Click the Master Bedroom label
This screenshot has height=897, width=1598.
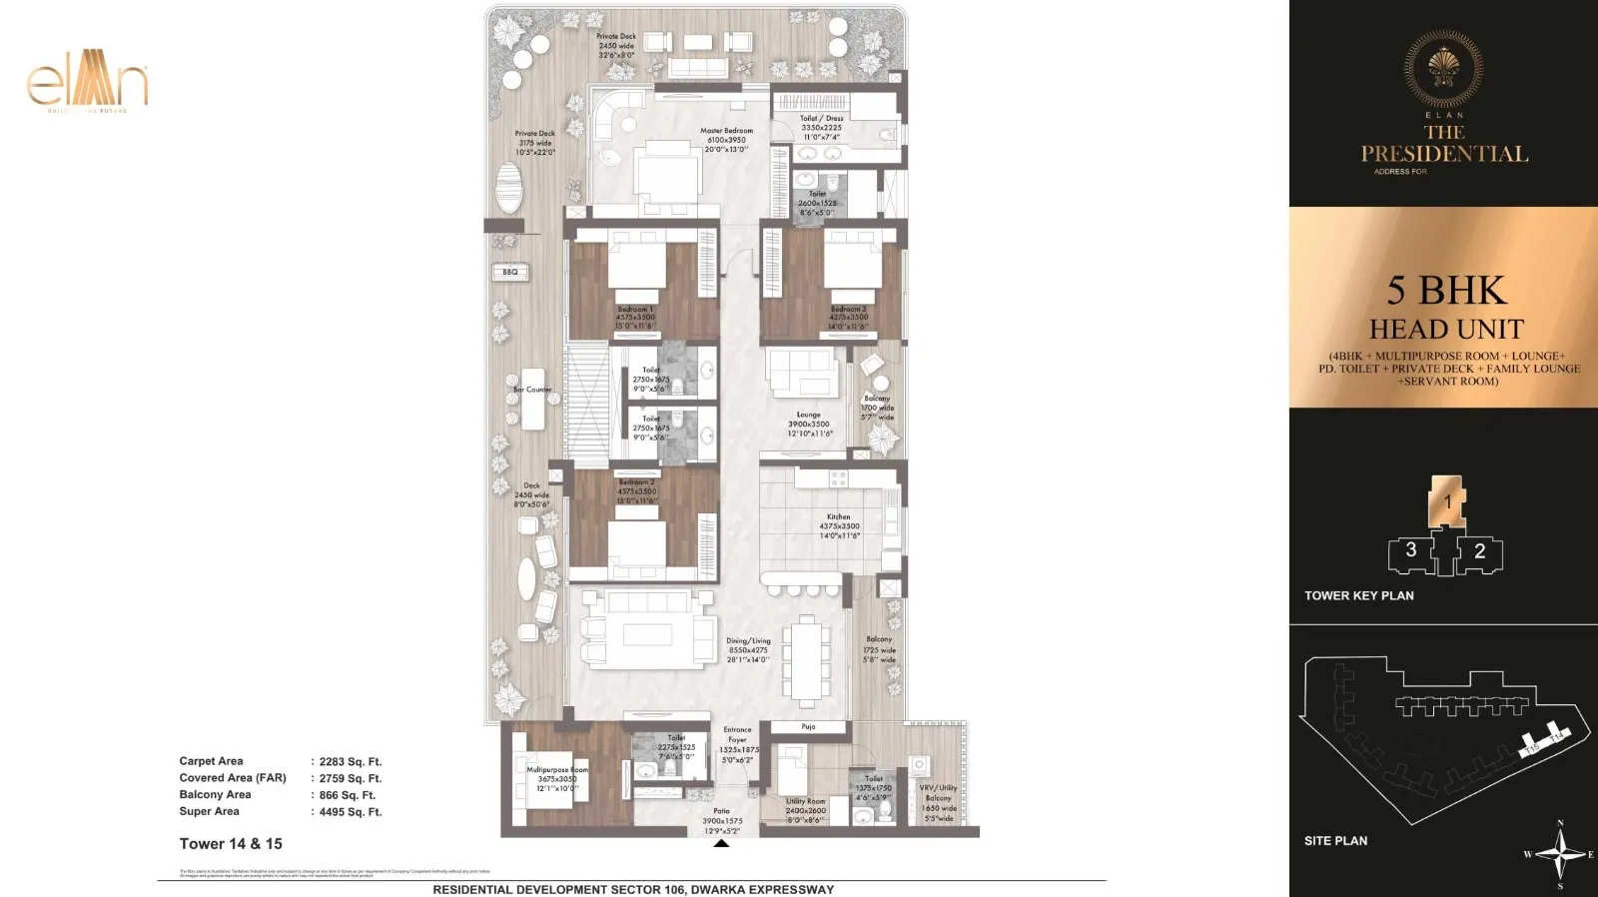(x=726, y=131)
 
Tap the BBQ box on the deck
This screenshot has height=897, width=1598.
(x=510, y=272)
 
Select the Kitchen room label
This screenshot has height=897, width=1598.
(x=839, y=517)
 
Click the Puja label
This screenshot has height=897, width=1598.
(x=808, y=727)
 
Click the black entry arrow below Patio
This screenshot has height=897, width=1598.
(x=721, y=844)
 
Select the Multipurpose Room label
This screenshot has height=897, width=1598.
(x=557, y=770)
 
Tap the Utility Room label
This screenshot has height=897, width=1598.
(x=805, y=801)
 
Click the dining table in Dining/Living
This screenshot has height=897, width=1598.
(x=807, y=659)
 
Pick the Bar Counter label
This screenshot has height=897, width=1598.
(x=532, y=390)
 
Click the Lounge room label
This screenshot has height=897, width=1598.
(x=808, y=415)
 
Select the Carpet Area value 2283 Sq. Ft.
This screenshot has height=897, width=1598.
(x=350, y=761)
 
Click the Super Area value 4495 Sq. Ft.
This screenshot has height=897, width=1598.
(x=350, y=812)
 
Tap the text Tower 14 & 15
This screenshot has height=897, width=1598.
(x=231, y=844)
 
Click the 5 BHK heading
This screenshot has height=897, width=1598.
(x=1446, y=291)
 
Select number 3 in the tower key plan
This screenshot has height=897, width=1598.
(x=1410, y=549)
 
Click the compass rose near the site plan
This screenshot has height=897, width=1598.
(x=1560, y=854)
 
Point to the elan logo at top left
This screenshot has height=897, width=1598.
(x=88, y=80)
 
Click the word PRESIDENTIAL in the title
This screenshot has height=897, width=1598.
(x=1444, y=154)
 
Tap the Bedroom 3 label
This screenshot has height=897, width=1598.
(x=848, y=310)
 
